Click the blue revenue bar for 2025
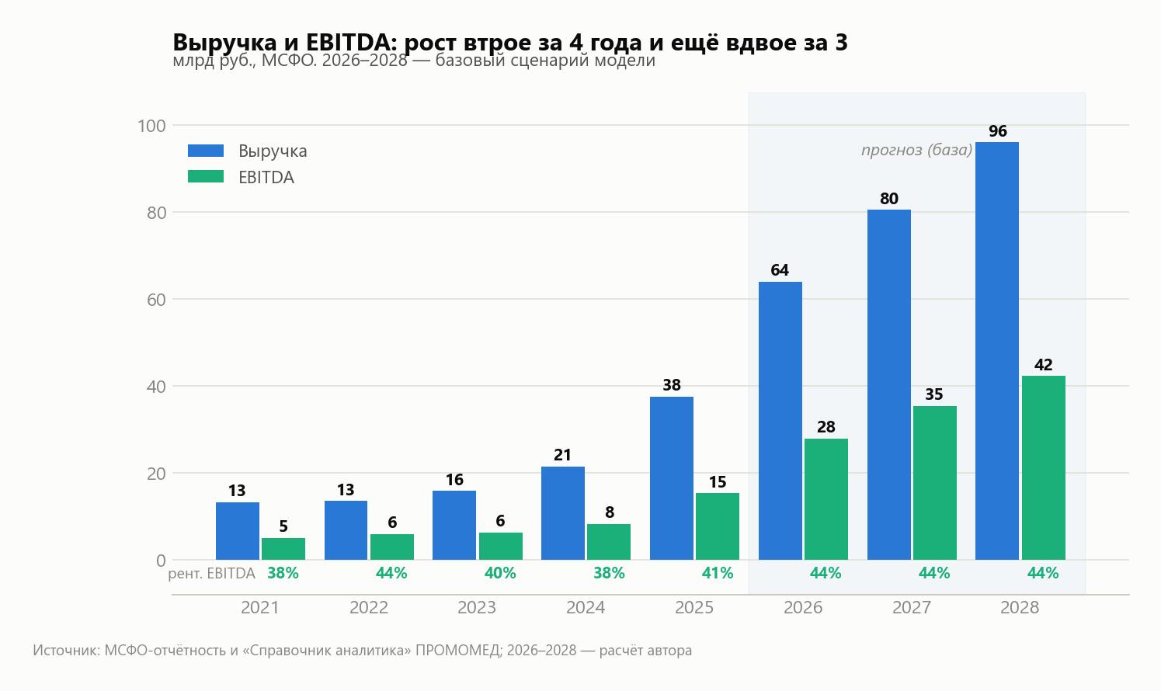click(x=671, y=478)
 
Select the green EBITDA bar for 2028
click(x=1043, y=467)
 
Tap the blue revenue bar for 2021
click(x=238, y=531)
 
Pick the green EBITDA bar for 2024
click(x=609, y=542)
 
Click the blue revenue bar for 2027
click(x=889, y=385)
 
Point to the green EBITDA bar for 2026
click(x=826, y=499)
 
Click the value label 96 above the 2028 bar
click(x=998, y=131)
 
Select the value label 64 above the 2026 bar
click(x=780, y=270)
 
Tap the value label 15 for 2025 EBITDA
click(x=718, y=482)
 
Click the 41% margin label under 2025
click(x=718, y=574)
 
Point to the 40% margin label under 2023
click(x=500, y=574)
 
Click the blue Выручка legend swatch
click(x=206, y=151)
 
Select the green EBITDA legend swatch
click(x=206, y=177)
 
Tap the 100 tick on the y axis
click(x=151, y=126)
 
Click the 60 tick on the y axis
click(x=156, y=300)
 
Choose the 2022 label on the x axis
click(x=369, y=608)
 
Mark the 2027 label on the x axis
click(x=912, y=608)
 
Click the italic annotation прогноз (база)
click(x=917, y=150)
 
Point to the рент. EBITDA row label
click(x=211, y=574)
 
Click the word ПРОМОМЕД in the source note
click(x=459, y=651)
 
